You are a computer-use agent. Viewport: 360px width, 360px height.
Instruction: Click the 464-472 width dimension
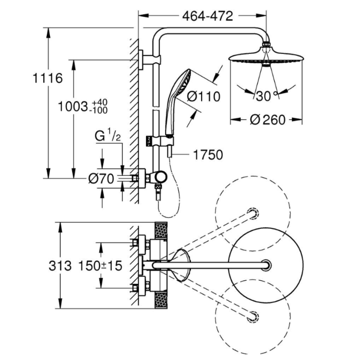coord(208,16)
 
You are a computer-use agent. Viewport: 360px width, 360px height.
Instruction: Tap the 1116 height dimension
coord(47,78)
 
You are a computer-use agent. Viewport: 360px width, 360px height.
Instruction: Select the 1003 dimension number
coord(73,107)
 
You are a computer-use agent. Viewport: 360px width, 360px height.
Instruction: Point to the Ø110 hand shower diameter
coord(204,97)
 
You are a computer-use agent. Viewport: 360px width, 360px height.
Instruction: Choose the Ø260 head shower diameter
coord(267,120)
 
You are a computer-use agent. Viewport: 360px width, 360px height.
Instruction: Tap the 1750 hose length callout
coord(208,155)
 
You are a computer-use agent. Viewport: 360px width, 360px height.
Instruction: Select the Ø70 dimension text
coord(101,178)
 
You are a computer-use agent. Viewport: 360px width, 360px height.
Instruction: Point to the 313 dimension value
coord(60,266)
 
